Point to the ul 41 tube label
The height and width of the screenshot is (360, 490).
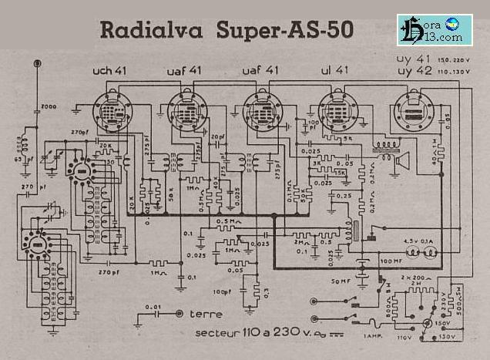[x=333, y=71]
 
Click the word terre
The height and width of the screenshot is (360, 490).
[x=206, y=315]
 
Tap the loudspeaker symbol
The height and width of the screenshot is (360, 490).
[x=401, y=162]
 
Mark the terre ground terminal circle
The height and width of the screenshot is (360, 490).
[x=180, y=314]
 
